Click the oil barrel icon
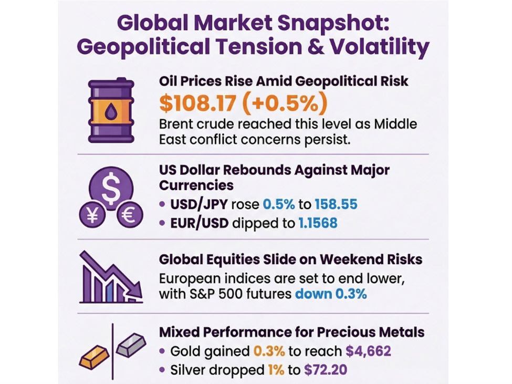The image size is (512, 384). point(111,110)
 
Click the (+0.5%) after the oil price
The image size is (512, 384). point(282,103)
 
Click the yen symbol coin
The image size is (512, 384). point(92,216)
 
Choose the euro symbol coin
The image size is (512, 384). point(129,216)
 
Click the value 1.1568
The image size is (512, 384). point(318,223)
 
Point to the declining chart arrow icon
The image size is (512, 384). point(111,277)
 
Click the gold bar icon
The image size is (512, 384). point(94,356)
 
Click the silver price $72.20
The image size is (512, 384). point(325,370)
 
